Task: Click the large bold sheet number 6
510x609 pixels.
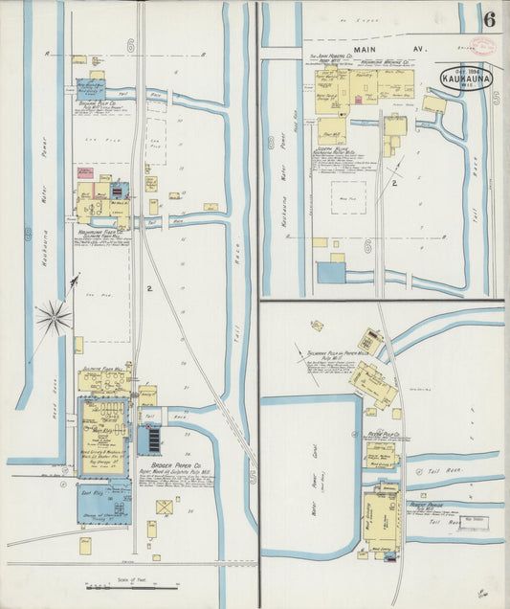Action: coord(490,18)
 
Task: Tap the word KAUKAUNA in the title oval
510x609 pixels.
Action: coord(467,80)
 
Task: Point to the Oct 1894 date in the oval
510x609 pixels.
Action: coord(466,71)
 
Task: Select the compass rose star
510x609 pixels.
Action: coord(55,314)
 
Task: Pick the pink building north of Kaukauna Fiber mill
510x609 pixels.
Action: coord(85,173)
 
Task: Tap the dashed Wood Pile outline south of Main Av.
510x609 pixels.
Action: coord(349,198)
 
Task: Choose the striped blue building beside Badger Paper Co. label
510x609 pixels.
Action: coord(150,440)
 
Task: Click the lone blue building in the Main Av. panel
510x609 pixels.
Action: coord(331,272)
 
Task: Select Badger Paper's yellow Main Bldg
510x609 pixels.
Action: coord(102,421)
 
